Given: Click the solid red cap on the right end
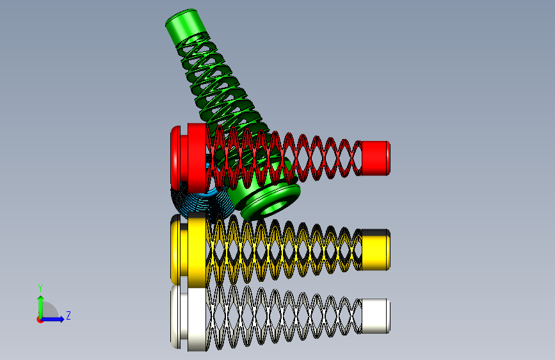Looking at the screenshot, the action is click(376, 158).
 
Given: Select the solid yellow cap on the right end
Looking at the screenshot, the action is click(376, 250).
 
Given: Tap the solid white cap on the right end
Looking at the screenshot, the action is click(376, 316).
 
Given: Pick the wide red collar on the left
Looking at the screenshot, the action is click(197, 158).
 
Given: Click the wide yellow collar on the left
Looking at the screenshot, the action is click(197, 250).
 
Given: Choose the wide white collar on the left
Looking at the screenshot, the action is click(197, 319).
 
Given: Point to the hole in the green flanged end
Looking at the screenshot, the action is click(273, 208).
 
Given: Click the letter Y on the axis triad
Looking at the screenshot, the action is click(40, 288).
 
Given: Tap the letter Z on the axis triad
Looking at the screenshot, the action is click(68, 315).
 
